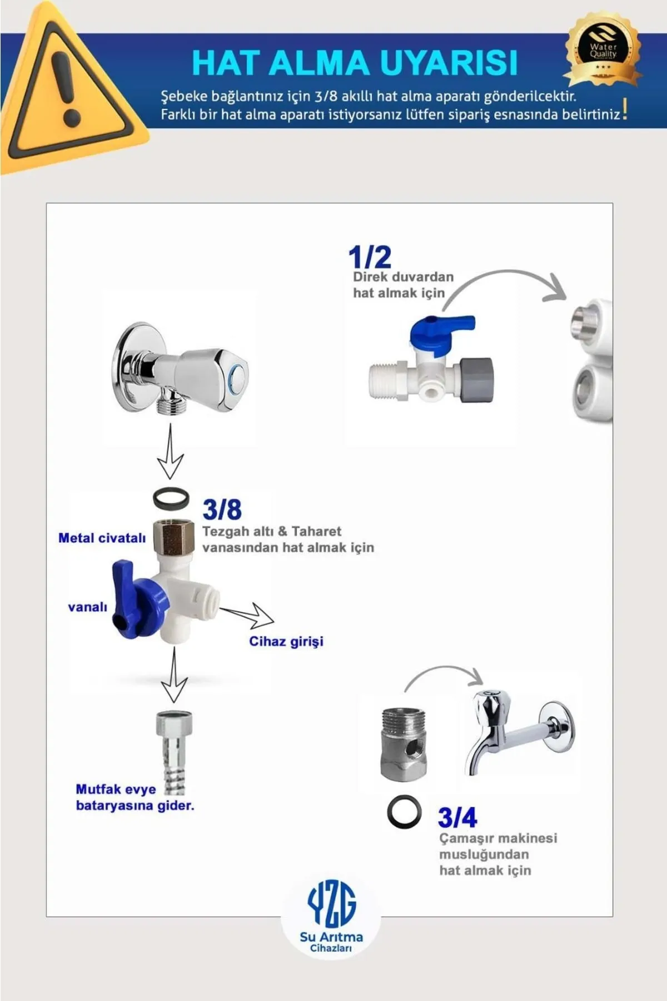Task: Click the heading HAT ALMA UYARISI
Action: pyautogui.click(x=355, y=62)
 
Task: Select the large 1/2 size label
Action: pyautogui.click(x=370, y=257)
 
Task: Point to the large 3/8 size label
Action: pyautogui.click(x=222, y=509)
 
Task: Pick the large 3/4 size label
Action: pyautogui.click(x=457, y=817)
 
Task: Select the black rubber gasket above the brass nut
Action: pyautogui.click(x=171, y=499)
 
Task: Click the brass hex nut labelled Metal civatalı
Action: pyautogui.click(x=173, y=536)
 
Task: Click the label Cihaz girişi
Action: pyautogui.click(x=286, y=642)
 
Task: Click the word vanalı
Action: pyautogui.click(x=87, y=607)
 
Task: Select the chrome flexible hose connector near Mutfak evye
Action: pyautogui.click(x=173, y=751)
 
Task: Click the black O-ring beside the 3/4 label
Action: pyautogui.click(x=404, y=812)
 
